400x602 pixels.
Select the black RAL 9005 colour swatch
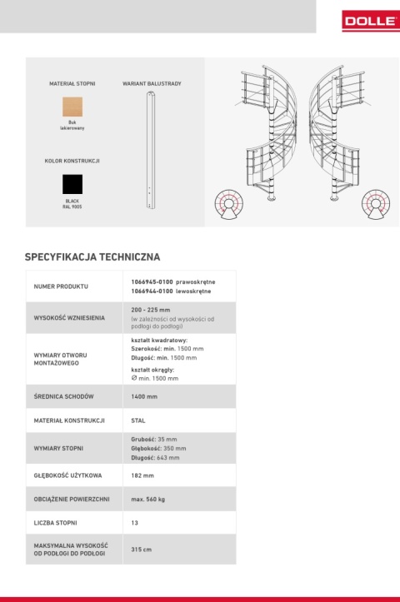pyautogui.click(x=72, y=184)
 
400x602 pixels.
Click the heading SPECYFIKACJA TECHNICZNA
pyautogui.click(x=92, y=257)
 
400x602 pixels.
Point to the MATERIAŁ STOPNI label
pyautogui.click(x=72, y=84)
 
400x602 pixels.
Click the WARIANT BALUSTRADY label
pyautogui.click(x=152, y=84)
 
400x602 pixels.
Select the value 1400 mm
pyautogui.click(x=144, y=396)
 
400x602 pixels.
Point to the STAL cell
pyautogui.click(x=138, y=420)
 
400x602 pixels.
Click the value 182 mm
pyautogui.click(x=142, y=475)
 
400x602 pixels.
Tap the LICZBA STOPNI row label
pyautogui.click(x=55, y=523)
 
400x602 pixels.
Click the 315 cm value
pyautogui.click(x=141, y=550)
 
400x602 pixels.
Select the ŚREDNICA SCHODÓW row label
pyautogui.click(x=63, y=396)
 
